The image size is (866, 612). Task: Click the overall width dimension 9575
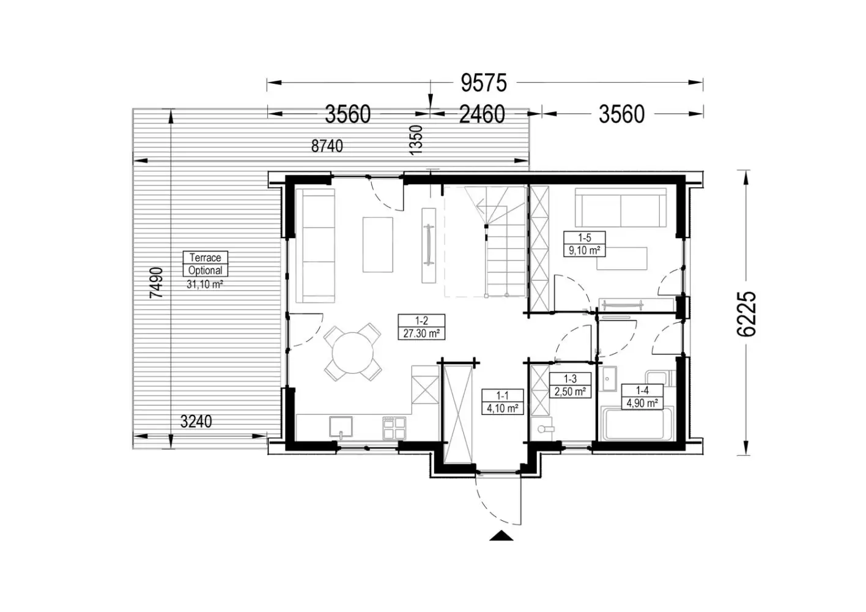[483, 83]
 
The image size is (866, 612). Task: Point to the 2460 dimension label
[482, 114]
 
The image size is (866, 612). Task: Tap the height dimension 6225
[746, 314]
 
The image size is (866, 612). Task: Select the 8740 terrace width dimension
[327, 146]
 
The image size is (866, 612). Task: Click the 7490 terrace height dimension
[157, 283]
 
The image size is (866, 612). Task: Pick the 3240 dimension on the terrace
[196, 422]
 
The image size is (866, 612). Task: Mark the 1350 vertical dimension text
[416, 140]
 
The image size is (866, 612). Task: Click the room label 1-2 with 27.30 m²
[421, 327]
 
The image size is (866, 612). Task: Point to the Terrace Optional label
[205, 264]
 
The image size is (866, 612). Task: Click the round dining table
[353, 353]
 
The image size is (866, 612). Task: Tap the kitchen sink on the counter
[341, 427]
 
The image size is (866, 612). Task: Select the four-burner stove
[394, 428]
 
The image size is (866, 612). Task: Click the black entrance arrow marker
[501, 535]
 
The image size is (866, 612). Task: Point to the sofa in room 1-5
[621, 207]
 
